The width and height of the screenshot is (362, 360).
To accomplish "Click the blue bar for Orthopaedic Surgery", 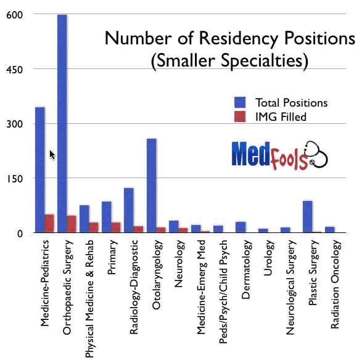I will coord(62,123).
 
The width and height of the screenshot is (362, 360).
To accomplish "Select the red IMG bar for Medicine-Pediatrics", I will coord(49,224).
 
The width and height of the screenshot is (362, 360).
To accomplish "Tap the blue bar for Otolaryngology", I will coord(152,186).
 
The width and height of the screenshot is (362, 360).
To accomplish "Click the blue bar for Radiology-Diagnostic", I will coord(129,210).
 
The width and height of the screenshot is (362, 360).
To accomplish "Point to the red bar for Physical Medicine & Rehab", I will coord(94,227).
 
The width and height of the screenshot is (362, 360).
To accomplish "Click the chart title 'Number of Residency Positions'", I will coord(229,38).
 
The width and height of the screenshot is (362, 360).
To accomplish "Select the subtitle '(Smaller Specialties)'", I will coord(229,61).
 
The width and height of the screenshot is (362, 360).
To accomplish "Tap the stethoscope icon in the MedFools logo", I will coord(317,158).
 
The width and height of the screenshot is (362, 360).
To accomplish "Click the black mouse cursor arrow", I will coord(52,154).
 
